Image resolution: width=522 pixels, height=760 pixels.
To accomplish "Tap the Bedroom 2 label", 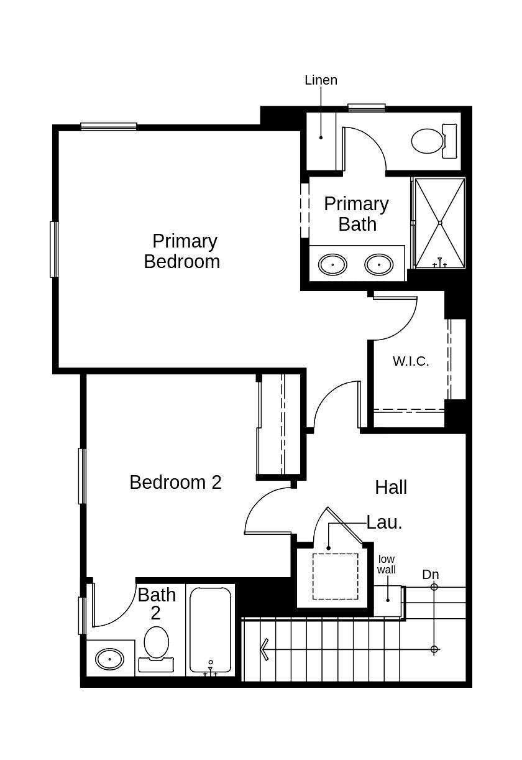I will point(175,482).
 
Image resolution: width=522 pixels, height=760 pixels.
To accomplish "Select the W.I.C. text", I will point(411,361).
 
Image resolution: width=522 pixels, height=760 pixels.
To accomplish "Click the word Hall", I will point(391,488).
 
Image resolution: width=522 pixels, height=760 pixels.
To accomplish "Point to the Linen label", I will point(321,80).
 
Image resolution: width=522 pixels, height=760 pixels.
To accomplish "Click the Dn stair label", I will point(431,575).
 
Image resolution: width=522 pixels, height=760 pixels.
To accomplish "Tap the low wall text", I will point(387,564).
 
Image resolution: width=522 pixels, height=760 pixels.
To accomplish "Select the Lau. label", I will point(384,522).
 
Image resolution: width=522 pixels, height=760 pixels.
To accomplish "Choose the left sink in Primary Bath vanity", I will point(333,264).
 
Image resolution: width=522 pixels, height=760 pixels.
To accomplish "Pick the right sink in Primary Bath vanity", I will point(379,264).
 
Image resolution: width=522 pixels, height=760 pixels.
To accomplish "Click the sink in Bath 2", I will point(110,658).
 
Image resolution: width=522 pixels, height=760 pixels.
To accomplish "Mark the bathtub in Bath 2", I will point(211,629).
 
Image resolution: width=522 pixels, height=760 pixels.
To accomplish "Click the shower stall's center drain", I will point(440,223).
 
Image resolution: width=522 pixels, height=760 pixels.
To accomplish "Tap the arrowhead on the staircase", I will point(265,649).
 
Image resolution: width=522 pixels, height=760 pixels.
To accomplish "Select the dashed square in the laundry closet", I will point(335,577).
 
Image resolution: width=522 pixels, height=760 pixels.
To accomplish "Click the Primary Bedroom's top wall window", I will point(109,127).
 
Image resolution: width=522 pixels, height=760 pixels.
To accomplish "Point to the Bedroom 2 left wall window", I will point(82,476).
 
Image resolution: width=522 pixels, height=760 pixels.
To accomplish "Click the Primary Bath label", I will point(357,214).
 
